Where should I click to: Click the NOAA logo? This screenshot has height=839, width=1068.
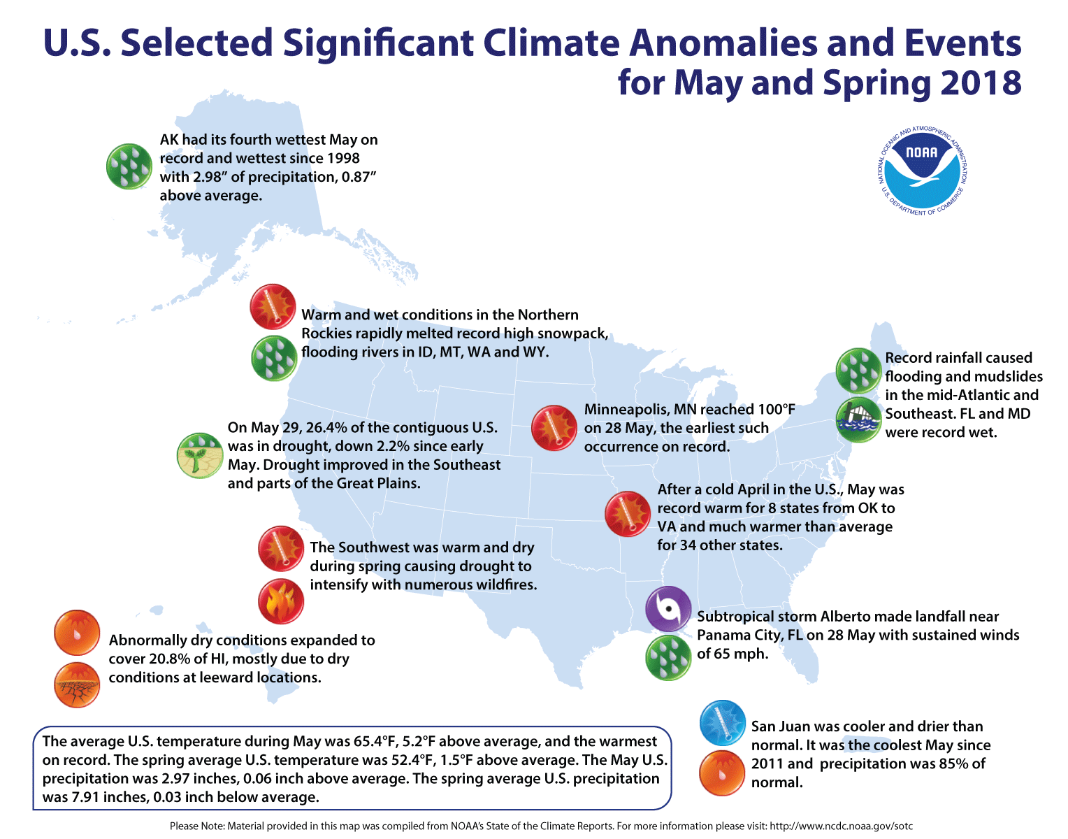922,171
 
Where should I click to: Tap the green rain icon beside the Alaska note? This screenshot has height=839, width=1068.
129,166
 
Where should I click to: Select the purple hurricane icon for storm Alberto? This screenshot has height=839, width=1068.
668,608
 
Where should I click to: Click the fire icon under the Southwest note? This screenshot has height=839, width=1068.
280,601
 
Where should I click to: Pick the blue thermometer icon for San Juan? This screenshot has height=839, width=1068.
722,723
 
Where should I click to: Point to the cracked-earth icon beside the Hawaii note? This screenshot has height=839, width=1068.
77,684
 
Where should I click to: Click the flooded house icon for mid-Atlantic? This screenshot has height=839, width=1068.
859,419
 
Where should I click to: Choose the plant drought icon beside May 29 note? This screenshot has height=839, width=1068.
200,455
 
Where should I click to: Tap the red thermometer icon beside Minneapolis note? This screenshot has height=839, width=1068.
554,427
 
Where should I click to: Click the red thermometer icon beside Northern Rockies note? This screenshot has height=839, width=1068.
273,306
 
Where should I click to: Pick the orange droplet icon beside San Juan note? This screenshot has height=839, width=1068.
722,773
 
